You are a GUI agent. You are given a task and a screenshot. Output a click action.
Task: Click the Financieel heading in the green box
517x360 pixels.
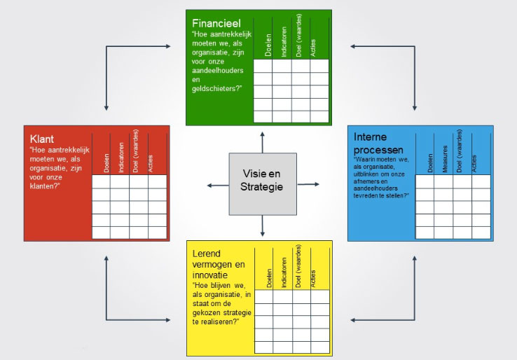(216, 24)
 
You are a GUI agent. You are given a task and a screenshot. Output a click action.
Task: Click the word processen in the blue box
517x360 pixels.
(380, 150)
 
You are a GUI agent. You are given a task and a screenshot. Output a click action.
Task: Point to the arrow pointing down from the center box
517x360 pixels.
(263, 228)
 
